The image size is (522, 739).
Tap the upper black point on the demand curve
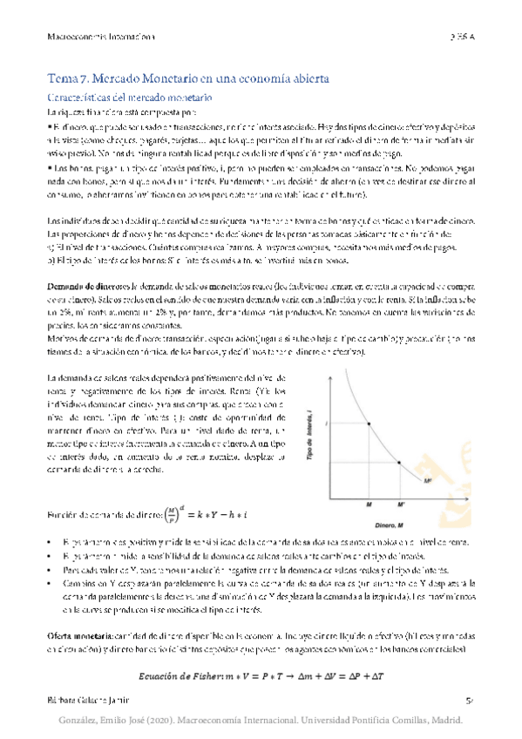point(369,424)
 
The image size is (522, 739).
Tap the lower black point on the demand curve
point(400,462)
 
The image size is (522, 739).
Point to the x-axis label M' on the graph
point(402,504)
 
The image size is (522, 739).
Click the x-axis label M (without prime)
point(369,504)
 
